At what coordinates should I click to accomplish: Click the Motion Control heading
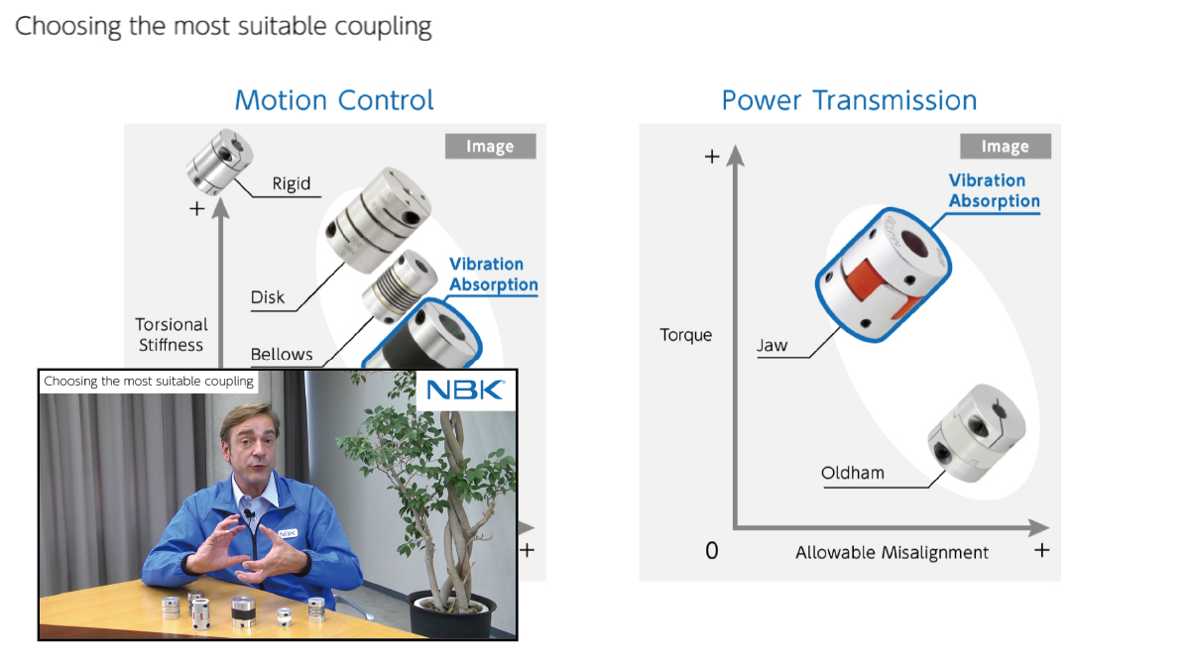coord(334,100)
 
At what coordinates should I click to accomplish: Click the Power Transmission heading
coord(849,100)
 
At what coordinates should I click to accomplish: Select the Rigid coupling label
coord(291,183)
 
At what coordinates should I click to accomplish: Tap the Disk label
coord(268,296)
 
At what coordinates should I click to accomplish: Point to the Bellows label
coord(282,354)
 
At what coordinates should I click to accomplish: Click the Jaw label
coord(772,345)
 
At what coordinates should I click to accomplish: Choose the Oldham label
coord(852,473)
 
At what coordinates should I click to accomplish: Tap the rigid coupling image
coord(219,162)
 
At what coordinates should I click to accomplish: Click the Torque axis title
coord(685,335)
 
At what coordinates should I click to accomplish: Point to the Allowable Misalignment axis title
coord(892,552)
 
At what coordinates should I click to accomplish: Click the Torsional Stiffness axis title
coord(172,335)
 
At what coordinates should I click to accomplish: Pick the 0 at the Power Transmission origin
coord(711,551)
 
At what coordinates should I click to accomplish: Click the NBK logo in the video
coord(465,390)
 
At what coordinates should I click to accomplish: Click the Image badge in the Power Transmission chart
coord(1005,147)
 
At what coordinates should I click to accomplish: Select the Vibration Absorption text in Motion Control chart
coord(493,275)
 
